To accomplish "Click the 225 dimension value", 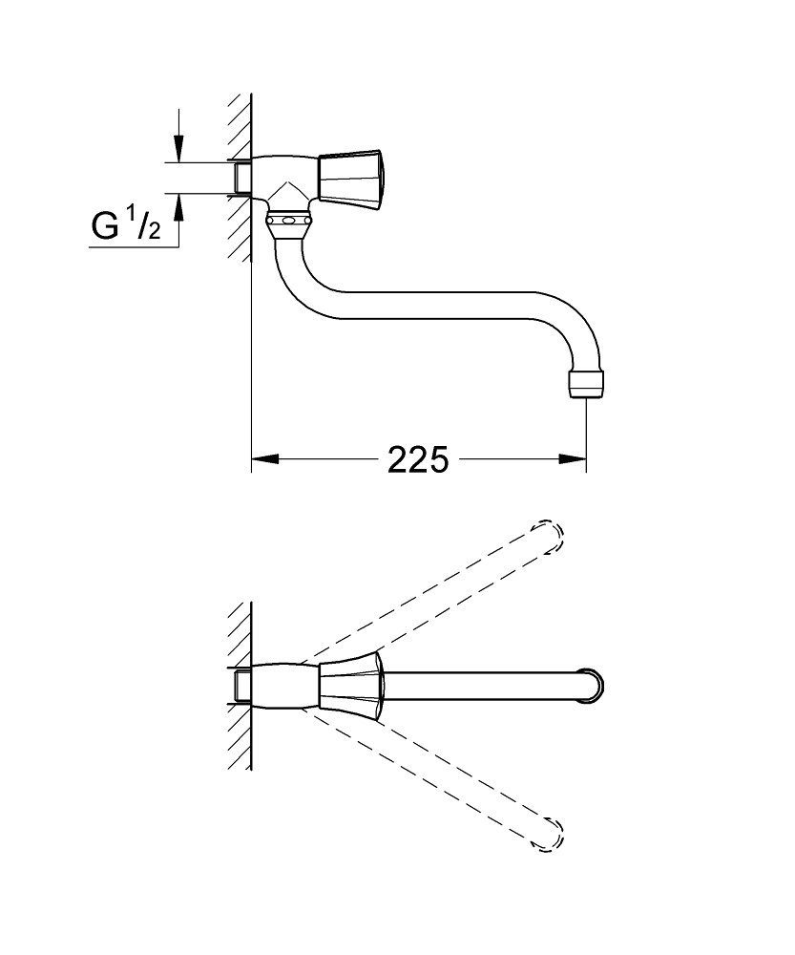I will [x=417, y=460].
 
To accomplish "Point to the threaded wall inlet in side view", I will [x=241, y=178].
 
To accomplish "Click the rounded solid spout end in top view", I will [x=591, y=687].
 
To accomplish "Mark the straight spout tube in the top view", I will [x=477, y=687].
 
